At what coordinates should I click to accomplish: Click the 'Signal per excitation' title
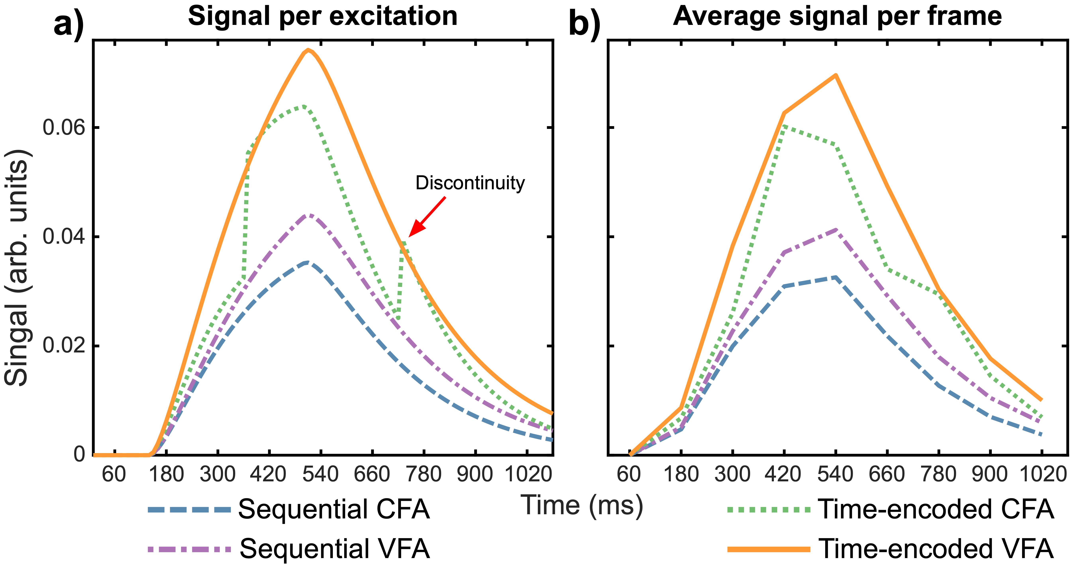tap(322, 17)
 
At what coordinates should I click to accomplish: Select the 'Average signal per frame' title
tap(837, 17)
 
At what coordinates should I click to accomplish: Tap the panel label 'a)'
tap(69, 25)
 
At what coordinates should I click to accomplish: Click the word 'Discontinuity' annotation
tap(470, 183)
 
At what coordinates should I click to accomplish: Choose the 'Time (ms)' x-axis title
tap(582, 505)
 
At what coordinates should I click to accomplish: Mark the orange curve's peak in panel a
tap(308, 50)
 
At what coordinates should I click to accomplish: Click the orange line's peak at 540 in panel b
tap(835, 75)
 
